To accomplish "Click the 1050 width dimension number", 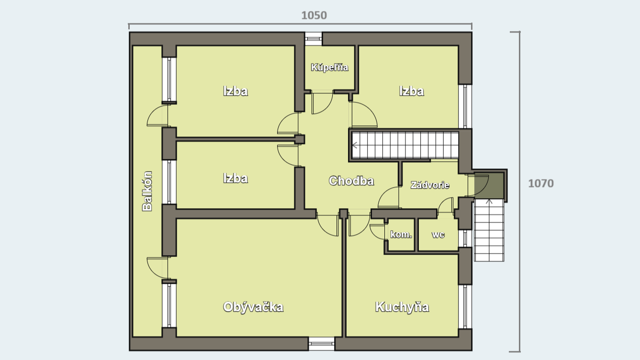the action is click(314, 15).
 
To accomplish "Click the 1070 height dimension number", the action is click(541, 183).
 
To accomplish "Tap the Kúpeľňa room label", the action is click(329, 67).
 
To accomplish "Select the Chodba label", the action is click(351, 180).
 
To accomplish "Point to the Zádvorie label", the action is click(430, 185).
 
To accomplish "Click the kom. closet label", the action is click(401, 235).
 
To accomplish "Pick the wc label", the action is click(438, 235).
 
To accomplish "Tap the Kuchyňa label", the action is click(402, 307).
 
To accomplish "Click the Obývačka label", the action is click(253, 307).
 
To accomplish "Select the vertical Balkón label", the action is click(147, 191).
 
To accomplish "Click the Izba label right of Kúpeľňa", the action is click(412, 91).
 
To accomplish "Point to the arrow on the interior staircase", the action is click(355, 145).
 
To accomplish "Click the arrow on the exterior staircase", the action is click(489, 202).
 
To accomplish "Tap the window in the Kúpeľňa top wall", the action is click(313, 39).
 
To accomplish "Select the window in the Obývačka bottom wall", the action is click(321, 344).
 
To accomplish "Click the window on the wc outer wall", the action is click(465, 238).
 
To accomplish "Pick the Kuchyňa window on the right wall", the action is click(465, 306).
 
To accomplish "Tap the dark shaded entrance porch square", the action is click(489, 186).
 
